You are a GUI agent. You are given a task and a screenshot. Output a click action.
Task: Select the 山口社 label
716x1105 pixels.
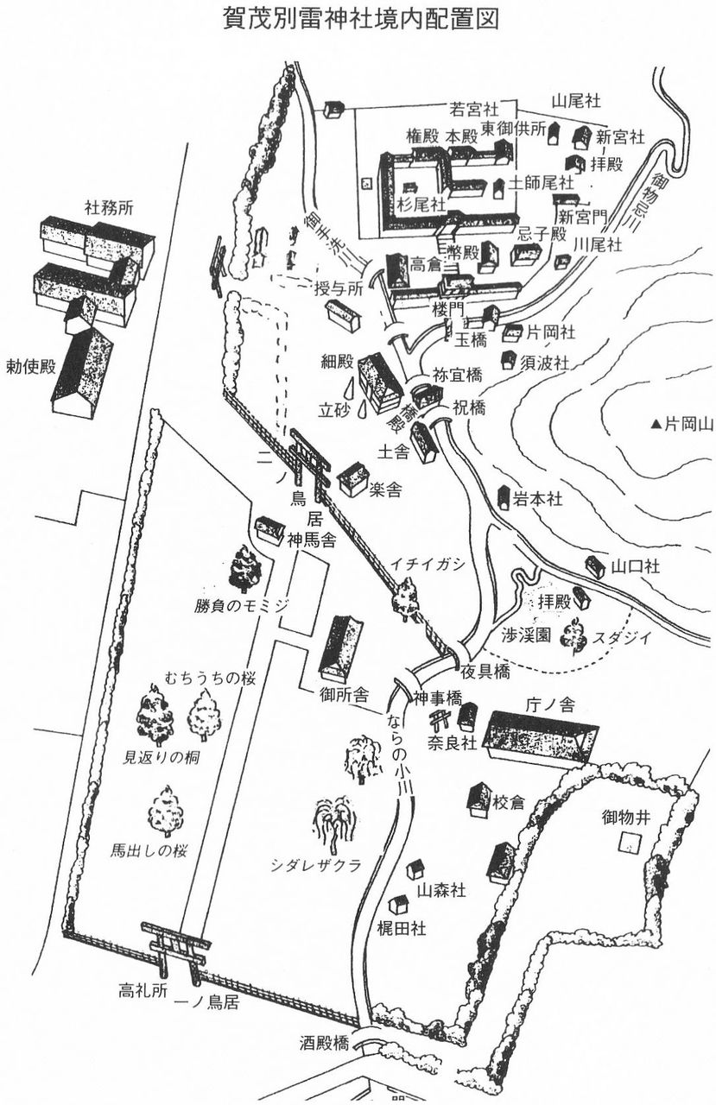pyautogui.click(x=635, y=566)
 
